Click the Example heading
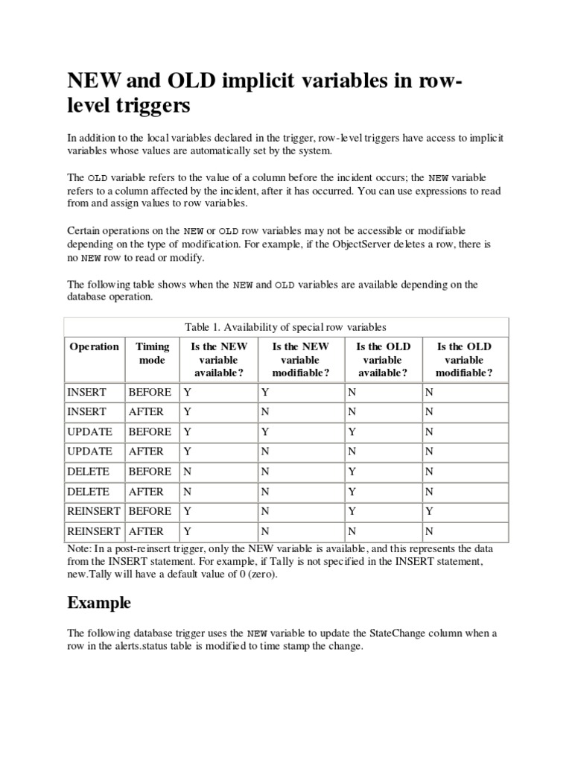(99, 602)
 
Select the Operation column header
(94, 346)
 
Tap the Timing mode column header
(152, 353)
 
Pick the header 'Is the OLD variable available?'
(382, 360)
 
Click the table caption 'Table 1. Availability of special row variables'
(286, 326)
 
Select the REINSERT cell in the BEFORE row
(93, 511)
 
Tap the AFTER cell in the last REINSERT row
(146, 531)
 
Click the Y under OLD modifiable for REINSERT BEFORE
(428, 511)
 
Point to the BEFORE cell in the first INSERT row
(150, 392)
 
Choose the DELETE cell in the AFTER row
(88, 492)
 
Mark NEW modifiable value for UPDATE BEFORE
(264, 431)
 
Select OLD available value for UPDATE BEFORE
(351, 431)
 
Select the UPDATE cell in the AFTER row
(89, 452)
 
